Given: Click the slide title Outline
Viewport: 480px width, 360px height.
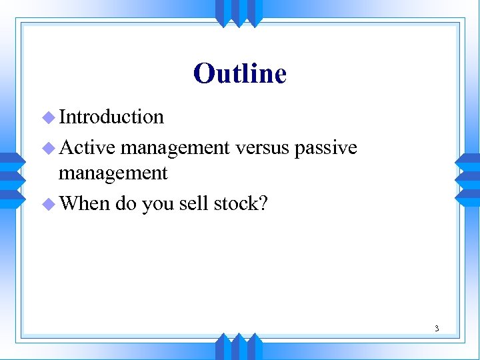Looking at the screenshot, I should point(240,73).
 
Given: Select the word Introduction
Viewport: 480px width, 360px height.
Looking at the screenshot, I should point(111,117).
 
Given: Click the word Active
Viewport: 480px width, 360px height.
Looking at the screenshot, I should point(87,147).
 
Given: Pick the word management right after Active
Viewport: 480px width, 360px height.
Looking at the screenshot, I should point(175,147).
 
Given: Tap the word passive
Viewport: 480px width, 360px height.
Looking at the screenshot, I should point(326,148).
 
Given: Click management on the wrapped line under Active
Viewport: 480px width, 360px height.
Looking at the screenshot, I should point(113,173).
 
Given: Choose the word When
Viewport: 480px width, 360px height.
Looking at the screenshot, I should point(85,203).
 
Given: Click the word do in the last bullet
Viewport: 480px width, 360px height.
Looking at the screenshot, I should point(125,203).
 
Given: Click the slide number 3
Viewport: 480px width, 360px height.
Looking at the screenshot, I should point(437,328).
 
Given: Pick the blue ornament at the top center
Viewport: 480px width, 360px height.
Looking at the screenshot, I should point(239,12).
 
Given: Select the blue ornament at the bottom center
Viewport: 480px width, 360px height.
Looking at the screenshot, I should point(239,347).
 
